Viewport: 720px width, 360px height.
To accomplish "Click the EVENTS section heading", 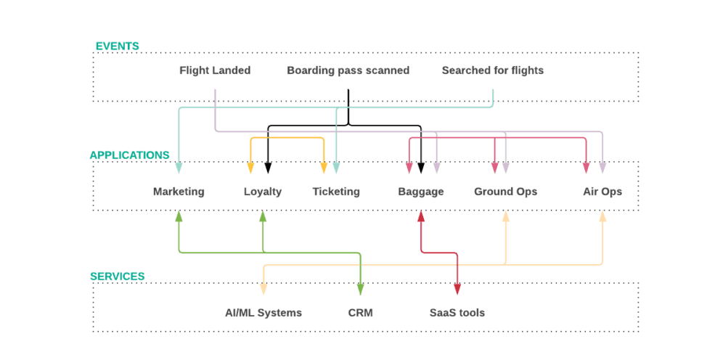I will [x=117, y=46].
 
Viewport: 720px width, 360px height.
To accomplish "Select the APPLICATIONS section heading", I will [x=129, y=155].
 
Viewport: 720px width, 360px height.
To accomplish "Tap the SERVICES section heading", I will [x=117, y=277].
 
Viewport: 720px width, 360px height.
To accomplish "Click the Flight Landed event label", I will [x=215, y=70].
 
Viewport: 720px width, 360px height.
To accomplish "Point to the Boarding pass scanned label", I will [x=348, y=70].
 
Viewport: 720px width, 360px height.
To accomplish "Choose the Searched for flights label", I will [x=492, y=70].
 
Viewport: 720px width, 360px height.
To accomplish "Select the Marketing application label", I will [x=179, y=192].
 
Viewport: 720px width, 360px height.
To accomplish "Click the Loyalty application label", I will [x=263, y=192].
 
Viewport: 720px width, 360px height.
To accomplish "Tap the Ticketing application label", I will [x=336, y=192].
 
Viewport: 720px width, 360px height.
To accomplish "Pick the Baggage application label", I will [x=420, y=192].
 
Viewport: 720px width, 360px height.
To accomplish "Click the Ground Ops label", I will [x=505, y=192].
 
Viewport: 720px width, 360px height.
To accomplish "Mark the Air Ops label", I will [x=602, y=192].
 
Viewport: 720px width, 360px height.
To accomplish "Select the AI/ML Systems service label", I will [x=263, y=313].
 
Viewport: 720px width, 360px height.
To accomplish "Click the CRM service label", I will [x=360, y=313].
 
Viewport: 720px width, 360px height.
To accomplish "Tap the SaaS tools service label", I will [x=457, y=313].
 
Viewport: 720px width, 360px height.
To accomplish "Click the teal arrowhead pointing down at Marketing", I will [x=179, y=168].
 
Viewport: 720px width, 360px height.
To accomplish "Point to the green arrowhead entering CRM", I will [x=360, y=289].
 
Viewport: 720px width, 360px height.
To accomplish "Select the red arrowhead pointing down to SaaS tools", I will [x=457, y=289].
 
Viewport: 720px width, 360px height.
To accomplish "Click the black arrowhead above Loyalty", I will [x=268, y=168].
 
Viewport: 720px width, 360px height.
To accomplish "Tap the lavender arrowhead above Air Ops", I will [x=602, y=168].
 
